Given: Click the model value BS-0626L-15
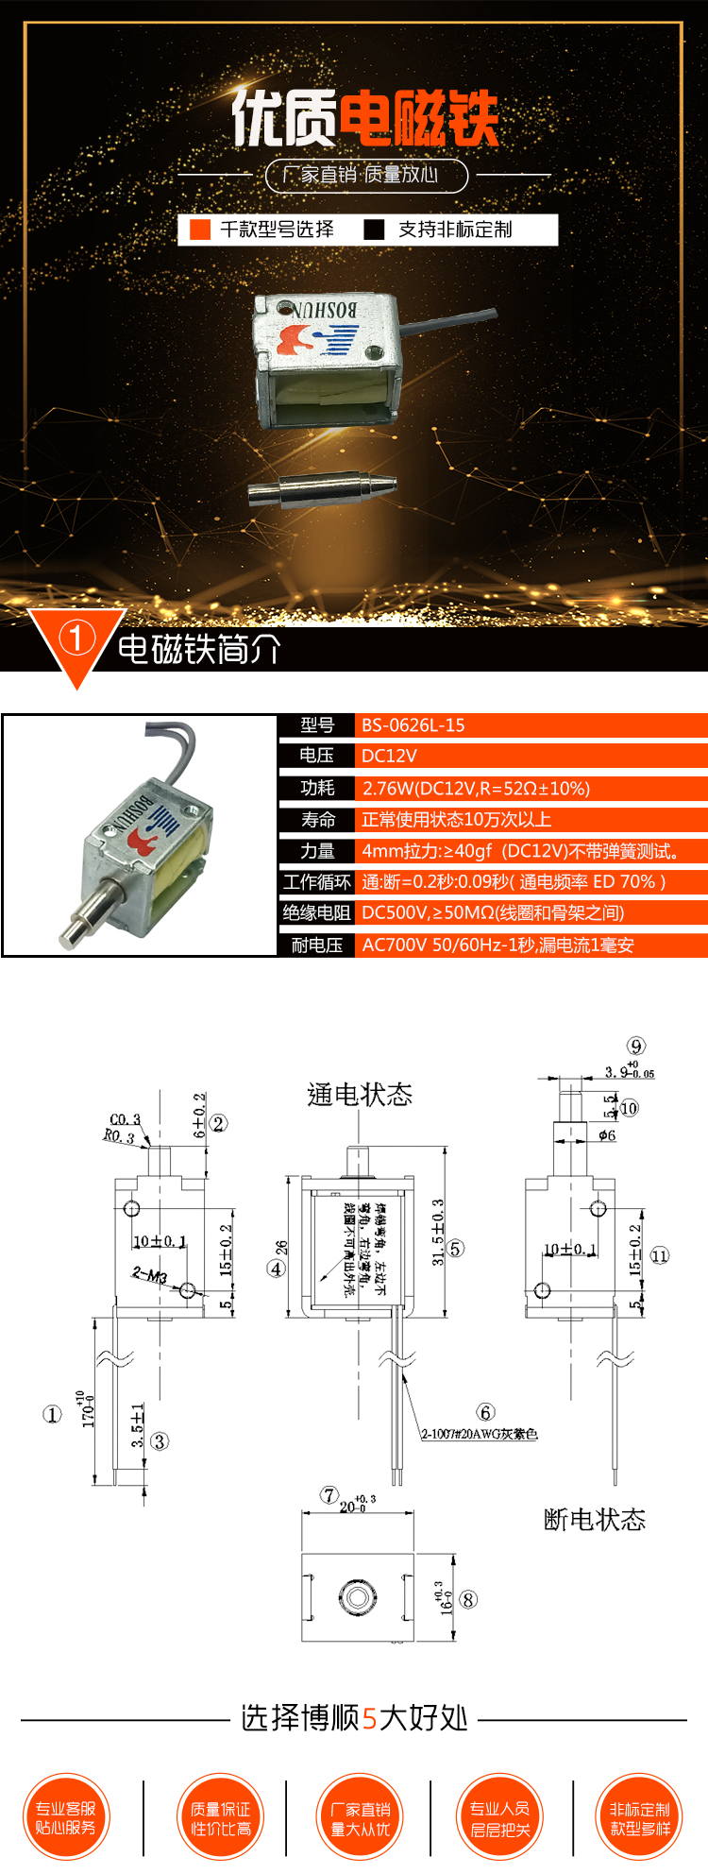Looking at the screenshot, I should tap(413, 725).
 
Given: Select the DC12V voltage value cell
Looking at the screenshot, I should tap(389, 756).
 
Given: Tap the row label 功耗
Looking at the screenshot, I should tap(317, 788).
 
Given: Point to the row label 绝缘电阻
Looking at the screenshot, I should tap(316, 912).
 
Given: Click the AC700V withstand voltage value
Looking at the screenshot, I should tap(497, 945).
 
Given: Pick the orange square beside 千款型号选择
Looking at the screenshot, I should tap(200, 230).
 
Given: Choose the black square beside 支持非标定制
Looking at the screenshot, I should tap(375, 230).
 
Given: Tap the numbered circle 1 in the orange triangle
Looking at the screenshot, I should tap(76, 639).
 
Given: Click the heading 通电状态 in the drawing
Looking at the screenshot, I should tap(360, 1095).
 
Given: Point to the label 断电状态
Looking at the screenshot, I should tap(595, 1520).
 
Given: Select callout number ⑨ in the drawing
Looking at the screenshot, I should tap(636, 1046).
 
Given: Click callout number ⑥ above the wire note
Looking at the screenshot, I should tap(485, 1412).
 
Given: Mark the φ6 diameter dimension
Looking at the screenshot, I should tap(607, 1134).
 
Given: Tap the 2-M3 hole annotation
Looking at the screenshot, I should tap(149, 1275).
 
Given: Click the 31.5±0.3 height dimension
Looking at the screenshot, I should tap(437, 1232).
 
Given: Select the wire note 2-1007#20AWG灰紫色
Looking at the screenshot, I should tap(480, 1434).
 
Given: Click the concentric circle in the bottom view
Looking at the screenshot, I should tap(357, 1597).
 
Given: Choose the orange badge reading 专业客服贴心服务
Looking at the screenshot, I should tap(66, 1817).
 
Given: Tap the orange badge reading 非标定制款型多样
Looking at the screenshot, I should tap(639, 1817).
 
